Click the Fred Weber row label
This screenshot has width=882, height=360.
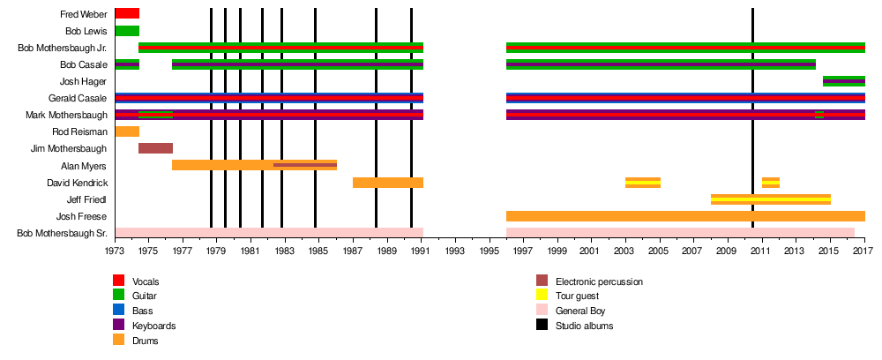(x=83, y=14)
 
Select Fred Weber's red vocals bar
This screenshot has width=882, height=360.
(x=127, y=13)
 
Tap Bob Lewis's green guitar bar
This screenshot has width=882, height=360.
(x=127, y=31)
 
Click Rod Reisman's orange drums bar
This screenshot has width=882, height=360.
(x=127, y=131)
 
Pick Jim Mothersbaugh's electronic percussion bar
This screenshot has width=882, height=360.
(x=155, y=148)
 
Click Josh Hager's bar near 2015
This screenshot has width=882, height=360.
(x=843, y=81)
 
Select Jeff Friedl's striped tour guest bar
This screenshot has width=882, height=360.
(x=770, y=199)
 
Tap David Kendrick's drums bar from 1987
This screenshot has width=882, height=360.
(x=387, y=183)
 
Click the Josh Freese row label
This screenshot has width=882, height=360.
(x=82, y=216)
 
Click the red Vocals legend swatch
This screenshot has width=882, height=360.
(x=120, y=281)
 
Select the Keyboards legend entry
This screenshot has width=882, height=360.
(x=153, y=326)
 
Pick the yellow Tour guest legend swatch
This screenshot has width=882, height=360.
(x=543, y=296)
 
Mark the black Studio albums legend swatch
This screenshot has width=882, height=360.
(x=543, y=326)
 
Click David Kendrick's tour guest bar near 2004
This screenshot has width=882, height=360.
(x=642, y=183)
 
